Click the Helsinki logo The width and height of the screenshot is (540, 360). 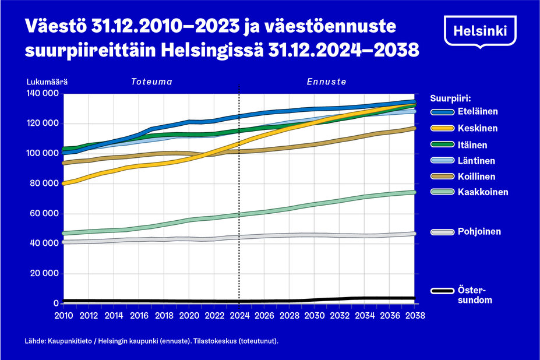point(480,30)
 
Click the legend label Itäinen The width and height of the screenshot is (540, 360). point(472,144)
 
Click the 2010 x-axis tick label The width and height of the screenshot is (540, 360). point(63,315)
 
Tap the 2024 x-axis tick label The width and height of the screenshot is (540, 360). point(239,315)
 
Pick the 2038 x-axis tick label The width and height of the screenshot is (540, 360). point(415,315)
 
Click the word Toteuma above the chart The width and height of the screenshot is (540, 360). point(151,82)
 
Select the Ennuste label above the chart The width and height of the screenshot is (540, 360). point(327,82)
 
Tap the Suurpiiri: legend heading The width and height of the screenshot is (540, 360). point(450,97)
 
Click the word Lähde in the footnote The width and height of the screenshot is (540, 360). point(35,341)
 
